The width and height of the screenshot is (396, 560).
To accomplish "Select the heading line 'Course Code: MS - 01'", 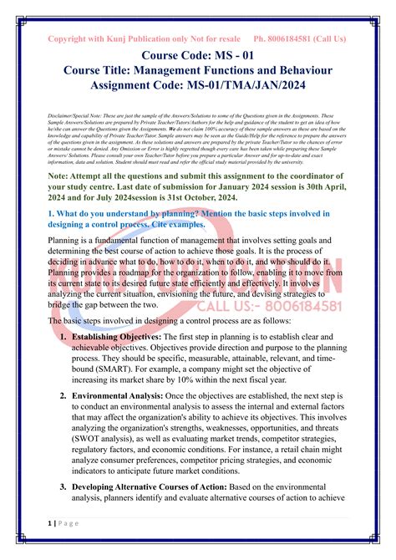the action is pyautogui.click(x=197, y=58).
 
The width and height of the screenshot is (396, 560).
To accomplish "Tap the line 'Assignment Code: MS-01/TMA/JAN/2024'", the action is pyautogui.click(x=197, y=85).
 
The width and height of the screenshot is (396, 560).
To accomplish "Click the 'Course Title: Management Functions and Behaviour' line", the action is pyautogui.click(x=197, y=71).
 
